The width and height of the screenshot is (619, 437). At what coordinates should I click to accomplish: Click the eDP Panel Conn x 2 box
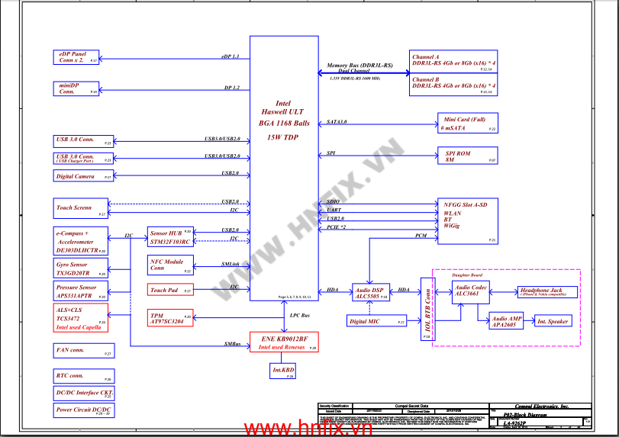point(76,57)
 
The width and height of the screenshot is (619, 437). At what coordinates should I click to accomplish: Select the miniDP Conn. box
point(76,88)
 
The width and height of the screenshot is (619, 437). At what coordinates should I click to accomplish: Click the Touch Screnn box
point(81,208)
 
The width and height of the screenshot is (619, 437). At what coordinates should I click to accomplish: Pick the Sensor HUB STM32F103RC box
point(170,237)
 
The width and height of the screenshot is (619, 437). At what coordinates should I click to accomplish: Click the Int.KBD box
point(284,371)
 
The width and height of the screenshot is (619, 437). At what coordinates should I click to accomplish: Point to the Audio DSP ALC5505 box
point(371,293)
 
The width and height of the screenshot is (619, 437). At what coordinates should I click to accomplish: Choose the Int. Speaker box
point(552,321)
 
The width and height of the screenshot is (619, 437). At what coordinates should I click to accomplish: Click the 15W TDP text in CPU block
point(283,138)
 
